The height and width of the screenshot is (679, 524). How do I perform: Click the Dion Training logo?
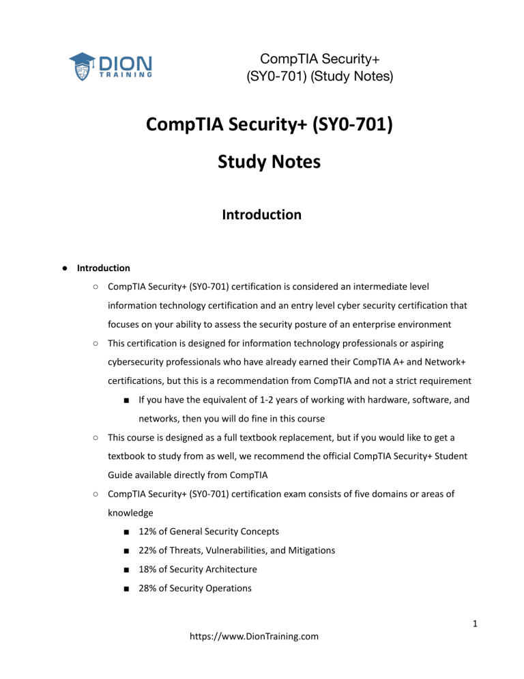coord(110,66)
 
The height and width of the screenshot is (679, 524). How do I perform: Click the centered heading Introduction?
coord(261,214)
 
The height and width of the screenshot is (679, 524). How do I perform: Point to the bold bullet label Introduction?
coord(104,268)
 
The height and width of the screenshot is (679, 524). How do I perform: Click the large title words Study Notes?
coord(261,164)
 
